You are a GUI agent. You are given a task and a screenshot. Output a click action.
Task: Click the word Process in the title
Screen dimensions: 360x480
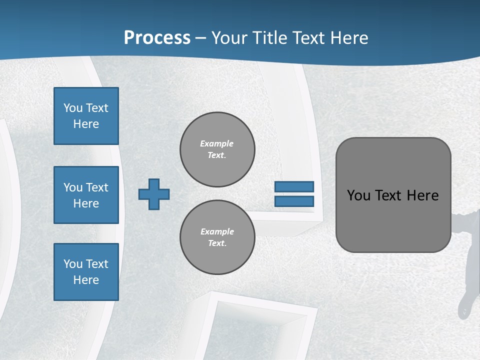(x=157, y=37)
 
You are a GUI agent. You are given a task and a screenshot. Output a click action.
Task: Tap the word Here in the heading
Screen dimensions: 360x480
(x=349, y=38)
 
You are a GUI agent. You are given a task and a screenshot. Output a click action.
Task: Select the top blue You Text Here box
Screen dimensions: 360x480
(x=86, y=116)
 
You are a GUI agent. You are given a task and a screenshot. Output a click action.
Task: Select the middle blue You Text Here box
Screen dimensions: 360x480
(x=86, y=195)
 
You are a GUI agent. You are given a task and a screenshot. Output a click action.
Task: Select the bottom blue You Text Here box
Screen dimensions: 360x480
(x=86, y=272)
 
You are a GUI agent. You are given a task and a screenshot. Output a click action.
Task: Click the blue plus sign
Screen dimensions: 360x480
(x=154, y=194)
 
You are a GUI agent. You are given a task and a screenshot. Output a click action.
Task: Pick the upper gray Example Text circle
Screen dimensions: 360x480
(x=217, y=149)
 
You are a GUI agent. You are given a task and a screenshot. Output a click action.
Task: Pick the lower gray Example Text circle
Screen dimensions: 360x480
(x=217, y=237)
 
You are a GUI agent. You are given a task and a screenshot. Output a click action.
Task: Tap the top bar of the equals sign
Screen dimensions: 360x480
(x=294, y=187)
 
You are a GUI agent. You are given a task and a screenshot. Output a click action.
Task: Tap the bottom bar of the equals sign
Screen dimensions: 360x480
(x=294, y=201)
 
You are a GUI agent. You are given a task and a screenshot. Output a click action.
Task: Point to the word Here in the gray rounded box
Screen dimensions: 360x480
(x=422, y=195)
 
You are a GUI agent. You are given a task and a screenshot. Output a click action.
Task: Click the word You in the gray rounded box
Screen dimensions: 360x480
(x=358, y=195)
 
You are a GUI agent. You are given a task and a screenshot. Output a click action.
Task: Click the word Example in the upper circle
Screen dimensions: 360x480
(x=217, y=143)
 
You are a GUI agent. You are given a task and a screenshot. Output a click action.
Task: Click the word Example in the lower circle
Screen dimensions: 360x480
(x=217, y=231)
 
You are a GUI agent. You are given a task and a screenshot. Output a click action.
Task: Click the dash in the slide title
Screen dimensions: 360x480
(x=200, y=38)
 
